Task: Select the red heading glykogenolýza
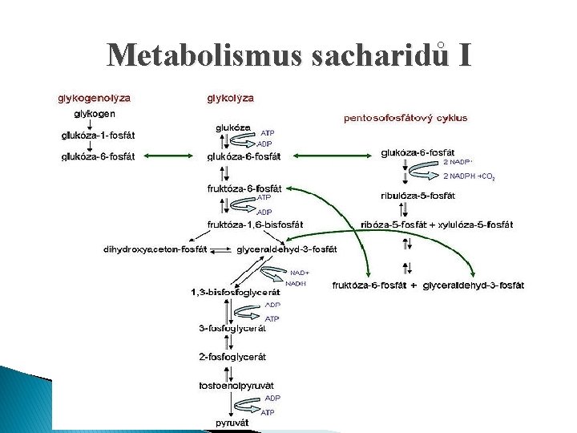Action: pos(93,98)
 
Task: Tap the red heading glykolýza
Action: pos(231,98)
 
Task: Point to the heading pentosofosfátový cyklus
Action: pos(406,117)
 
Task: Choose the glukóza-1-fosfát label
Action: pos(99,135)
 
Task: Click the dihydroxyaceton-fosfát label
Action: pos(155,249)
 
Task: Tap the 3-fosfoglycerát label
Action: pos(232,328)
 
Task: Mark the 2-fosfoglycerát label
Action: pos(232,356)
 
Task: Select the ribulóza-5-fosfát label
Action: pos(418,194)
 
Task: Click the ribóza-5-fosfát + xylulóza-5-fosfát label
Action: pos(447,225)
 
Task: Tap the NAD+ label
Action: pos(300,272)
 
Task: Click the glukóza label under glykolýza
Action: pos(232,127)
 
